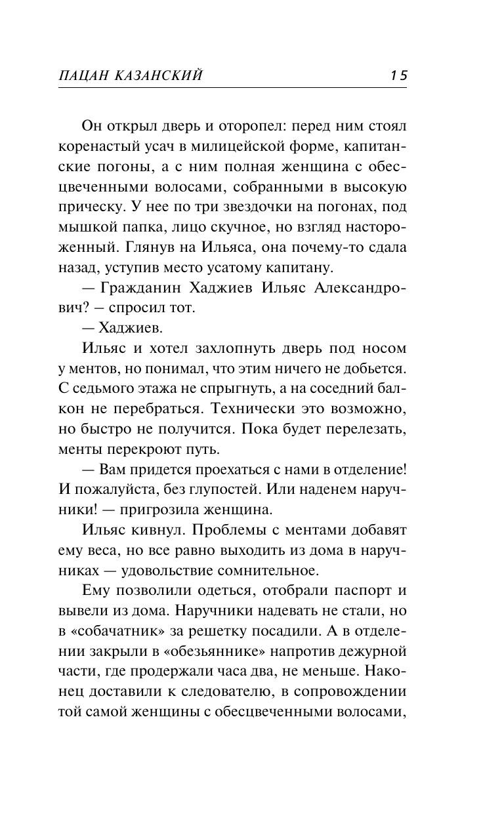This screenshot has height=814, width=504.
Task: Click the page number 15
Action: [398, 75]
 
